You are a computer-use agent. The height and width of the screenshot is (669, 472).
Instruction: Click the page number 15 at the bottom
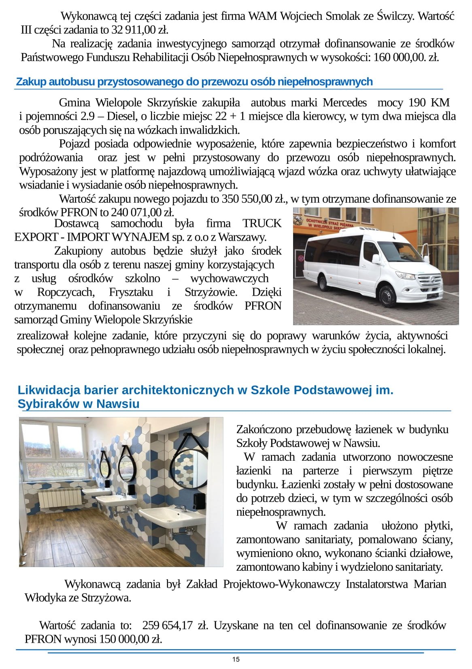coord(236,659)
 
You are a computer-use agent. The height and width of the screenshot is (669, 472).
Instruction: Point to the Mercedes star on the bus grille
coord(431,279)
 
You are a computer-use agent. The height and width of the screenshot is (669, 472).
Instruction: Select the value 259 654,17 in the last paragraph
coord(167,625)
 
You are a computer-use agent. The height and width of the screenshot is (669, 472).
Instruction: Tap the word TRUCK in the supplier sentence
coord(262,223)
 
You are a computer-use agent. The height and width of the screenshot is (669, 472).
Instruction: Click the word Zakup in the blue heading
coord(31,82)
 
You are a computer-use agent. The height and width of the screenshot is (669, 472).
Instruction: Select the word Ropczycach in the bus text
coord(66,292)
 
